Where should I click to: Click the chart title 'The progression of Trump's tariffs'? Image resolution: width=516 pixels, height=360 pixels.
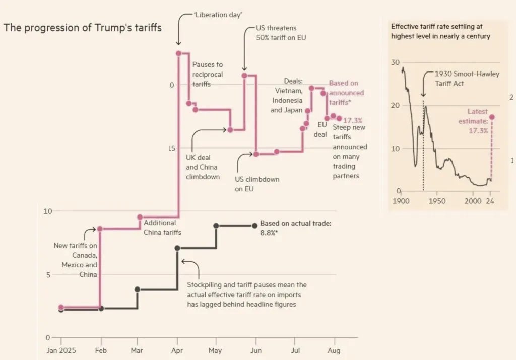pyautogui.click(x=83, y=28)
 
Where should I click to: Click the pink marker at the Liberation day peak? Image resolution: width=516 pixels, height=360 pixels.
pyautogui.click(x=178, y=53)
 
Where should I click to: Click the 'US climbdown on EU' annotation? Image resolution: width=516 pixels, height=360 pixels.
pyautogui.click(x=257, y=184)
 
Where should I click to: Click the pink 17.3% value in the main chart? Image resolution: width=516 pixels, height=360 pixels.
pyautogui.click(x=353, y=121)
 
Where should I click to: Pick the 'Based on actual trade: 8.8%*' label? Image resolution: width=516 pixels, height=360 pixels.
pyautogui.click(x=295, y=228)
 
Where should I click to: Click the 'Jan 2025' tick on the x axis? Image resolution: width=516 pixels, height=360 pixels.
pyautogui.click(x=60, y=350)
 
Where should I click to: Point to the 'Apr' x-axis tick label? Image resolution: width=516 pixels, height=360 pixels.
pyautogui.click(x=177, y=350)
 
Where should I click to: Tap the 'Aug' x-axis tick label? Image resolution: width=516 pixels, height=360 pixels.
pyautogui.click(x=335, y=350)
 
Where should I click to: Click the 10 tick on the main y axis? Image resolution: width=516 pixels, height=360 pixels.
pyautogui.click(x=47, y=211)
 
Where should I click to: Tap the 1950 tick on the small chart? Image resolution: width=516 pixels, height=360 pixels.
pyautogui.click(x=436, y=200)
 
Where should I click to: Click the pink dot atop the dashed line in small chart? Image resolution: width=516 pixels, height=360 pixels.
pyautogui.click(x=492, y=117)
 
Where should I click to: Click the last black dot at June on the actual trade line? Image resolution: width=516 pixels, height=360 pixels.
pyautogui.click(x=254, y=226)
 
